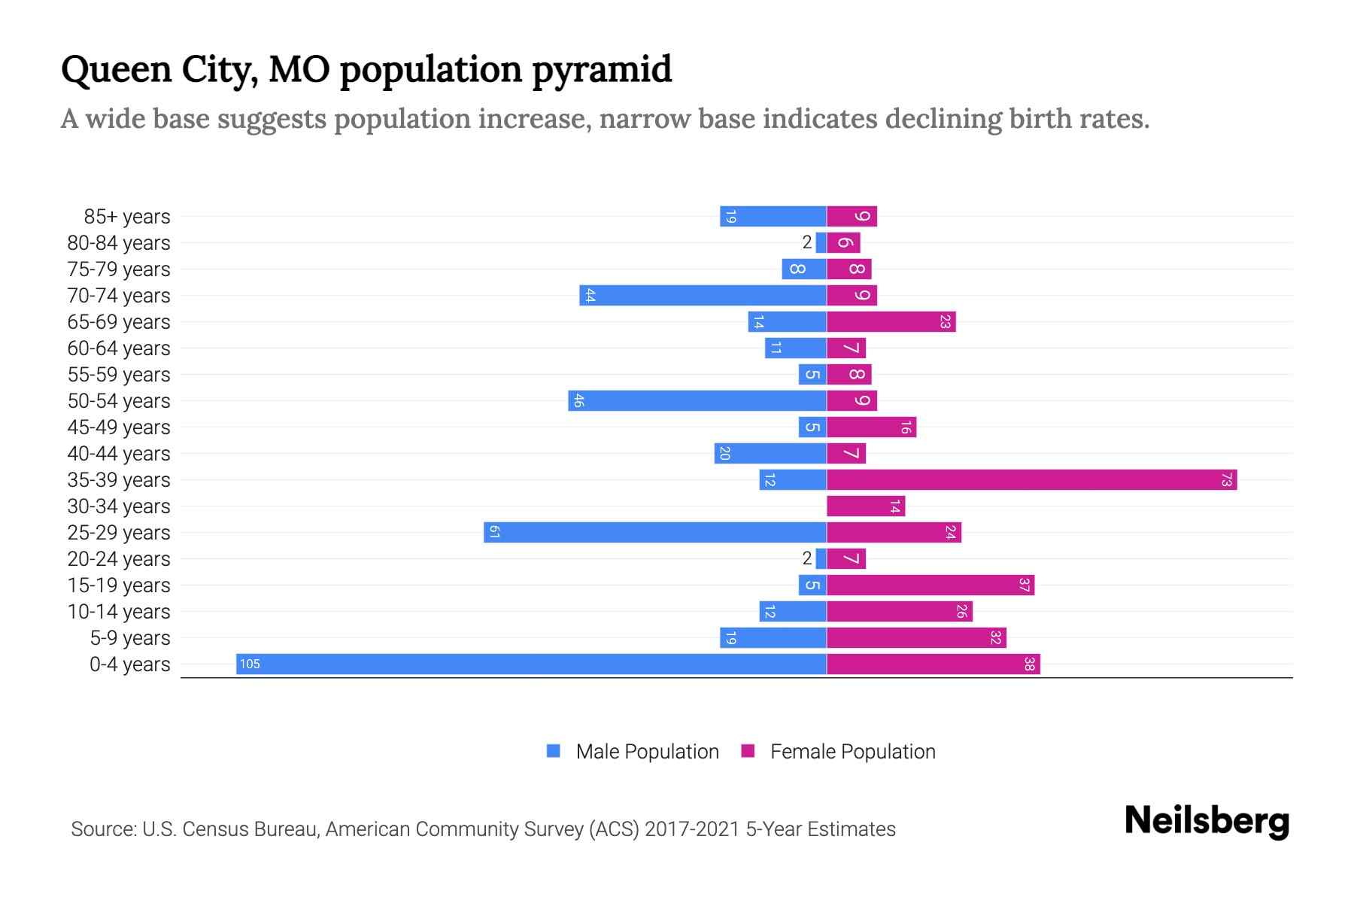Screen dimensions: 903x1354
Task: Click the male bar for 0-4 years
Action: (531, 664)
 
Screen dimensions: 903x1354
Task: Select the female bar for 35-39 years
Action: (1031, 479)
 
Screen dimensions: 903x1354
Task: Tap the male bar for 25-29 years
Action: (654, 532)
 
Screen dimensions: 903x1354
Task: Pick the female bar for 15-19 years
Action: (930, 585)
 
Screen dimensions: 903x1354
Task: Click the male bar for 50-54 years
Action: (697, 400)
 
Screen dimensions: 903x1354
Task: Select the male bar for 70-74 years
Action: (703, 295)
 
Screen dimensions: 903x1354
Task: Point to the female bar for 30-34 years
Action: (865, 506)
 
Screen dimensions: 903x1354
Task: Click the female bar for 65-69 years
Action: (891, 321)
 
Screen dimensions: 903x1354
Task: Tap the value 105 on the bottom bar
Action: (250, 664)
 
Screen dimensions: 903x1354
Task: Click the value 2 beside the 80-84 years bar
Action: (807, 242)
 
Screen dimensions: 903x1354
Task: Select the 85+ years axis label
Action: (127, 217)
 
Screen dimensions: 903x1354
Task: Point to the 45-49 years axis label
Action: (119, 427)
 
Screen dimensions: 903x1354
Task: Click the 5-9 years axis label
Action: (130, 638)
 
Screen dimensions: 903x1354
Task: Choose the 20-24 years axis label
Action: (119, 559)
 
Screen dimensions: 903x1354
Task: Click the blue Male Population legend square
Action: (554, 751)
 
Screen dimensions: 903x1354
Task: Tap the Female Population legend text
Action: (852, 751)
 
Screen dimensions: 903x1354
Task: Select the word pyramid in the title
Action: (602, 71)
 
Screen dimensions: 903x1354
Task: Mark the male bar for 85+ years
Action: (773, 216)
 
